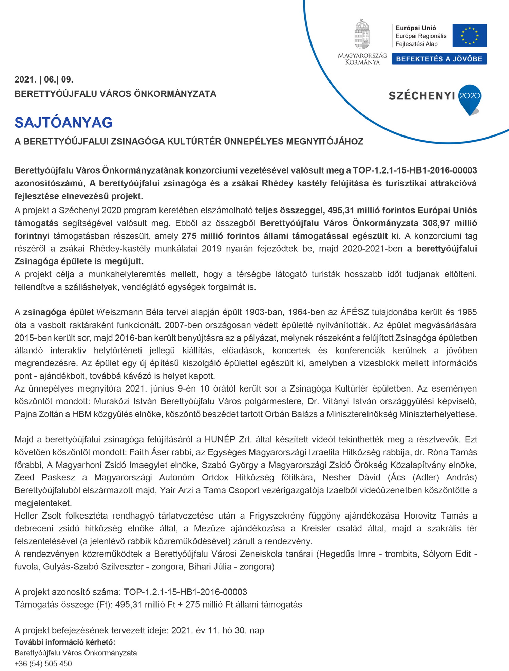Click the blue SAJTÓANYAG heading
pyautogui.click(x=63, y=123)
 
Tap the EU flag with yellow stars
pyautogui.click(x=469, y=36)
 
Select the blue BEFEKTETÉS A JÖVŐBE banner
pyautogui.click(x=439, y=59)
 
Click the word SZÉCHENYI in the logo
pyautogui.click(x=422, y=96)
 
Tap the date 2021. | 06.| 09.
pyautogui.click(x=44, y=80)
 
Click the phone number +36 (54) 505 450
pyautogui.click(x=43, y=664)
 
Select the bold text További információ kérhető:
pyautogui.click(x=65, y=642)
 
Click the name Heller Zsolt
pyautogui.click(x=38, y=516)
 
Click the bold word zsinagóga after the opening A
pyautogui.click(x=44, y=312)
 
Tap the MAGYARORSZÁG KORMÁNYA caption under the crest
pyautogui.click(x=362, y=59)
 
